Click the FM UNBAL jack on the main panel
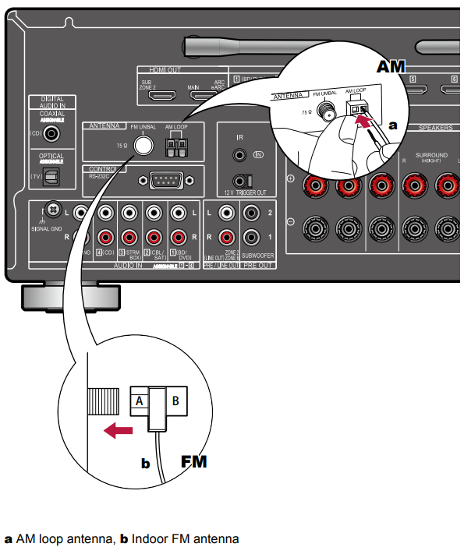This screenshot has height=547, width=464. point(142,145)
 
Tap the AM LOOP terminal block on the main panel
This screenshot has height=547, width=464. point(177,145)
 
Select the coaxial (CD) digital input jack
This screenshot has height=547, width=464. point(52,133)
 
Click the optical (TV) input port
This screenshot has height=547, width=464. point(51,178)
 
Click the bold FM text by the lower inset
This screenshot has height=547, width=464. point(194,461)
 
